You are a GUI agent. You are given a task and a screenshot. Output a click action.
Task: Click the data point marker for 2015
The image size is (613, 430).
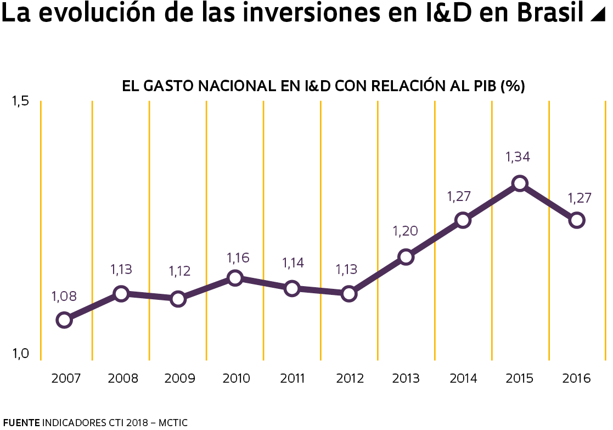[520, 183]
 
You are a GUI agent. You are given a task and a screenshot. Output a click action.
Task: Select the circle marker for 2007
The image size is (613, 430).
[64, 320]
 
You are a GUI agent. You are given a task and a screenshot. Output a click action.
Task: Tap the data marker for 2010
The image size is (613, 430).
[235, 278]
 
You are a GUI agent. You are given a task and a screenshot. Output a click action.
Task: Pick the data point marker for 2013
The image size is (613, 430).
[406, 257]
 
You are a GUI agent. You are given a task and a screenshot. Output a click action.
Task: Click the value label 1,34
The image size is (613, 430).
[518, 157]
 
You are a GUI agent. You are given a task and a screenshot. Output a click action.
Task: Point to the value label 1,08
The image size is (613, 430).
[64, 297]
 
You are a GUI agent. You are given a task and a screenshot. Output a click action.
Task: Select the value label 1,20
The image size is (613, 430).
[405, 231]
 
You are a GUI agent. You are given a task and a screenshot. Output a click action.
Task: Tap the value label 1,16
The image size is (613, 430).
[238, 257]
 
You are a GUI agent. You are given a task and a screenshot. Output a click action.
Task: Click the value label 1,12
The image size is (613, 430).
[179, 271]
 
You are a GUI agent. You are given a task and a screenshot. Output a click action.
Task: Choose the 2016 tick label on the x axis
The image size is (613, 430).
[576, 378]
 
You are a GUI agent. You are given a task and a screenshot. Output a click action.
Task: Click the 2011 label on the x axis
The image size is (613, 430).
[292, 378]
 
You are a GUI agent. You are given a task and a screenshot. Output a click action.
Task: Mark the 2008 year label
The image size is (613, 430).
[123, 378]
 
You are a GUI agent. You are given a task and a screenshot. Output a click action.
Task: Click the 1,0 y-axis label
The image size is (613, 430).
[20, 354]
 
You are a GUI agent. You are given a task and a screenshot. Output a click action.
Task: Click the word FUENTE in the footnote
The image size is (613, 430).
[21, 422]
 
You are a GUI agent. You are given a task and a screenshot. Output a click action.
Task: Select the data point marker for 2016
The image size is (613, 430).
[576, 220]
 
